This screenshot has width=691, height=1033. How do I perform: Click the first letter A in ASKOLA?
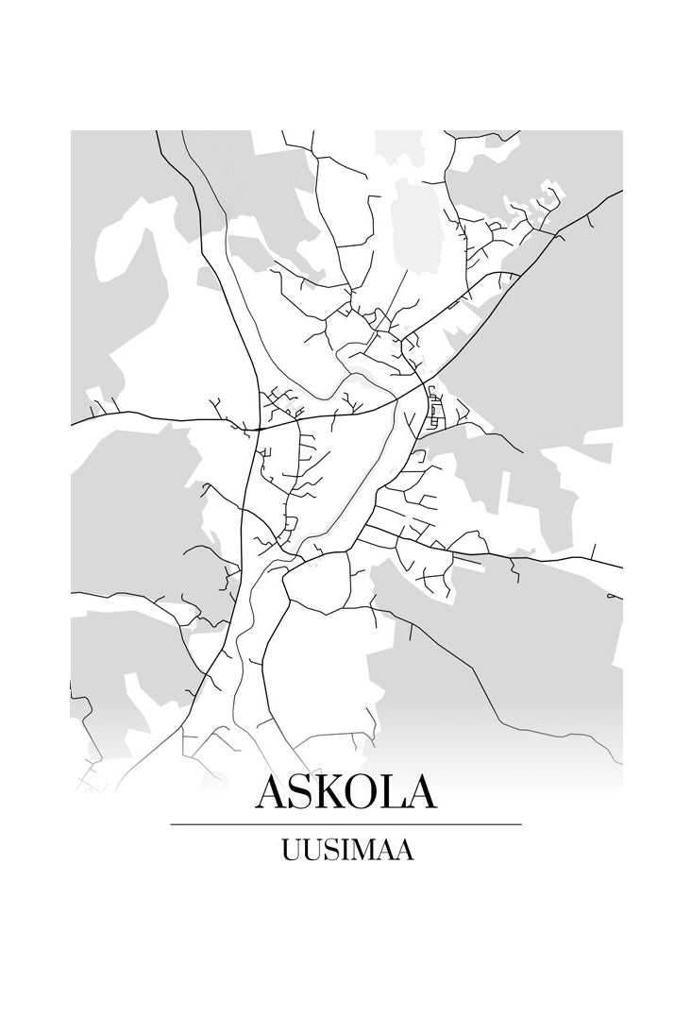(274, 792)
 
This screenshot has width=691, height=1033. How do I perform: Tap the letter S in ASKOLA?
(306, 792)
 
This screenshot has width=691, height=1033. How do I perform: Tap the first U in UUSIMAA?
(290, 850)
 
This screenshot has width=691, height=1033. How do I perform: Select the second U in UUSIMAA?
(311, 850)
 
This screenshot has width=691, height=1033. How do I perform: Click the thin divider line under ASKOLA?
(345, 824)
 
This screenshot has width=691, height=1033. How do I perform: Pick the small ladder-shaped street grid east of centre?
(434, 408)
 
